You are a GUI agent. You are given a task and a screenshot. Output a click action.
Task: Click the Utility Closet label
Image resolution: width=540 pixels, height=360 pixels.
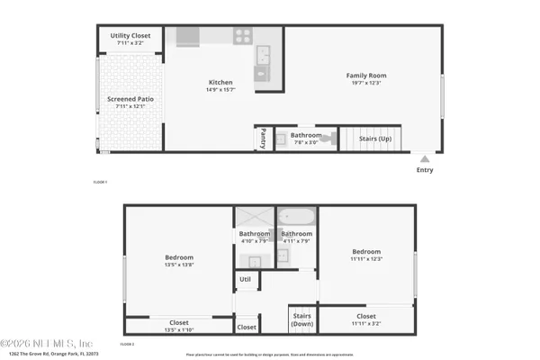pos(130,36)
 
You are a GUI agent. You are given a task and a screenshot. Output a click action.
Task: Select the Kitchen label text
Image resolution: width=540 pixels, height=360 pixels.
pos(220,82)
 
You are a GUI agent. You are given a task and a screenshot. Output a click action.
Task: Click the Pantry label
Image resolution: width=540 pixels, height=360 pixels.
pos(263,138)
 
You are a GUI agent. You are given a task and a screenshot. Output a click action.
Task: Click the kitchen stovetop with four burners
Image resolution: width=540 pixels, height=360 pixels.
pos(243,37)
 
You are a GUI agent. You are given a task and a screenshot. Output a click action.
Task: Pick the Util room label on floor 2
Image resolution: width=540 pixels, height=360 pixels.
pos(245,279)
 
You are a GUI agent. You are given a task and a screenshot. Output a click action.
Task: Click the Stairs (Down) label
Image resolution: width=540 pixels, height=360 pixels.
pos(301,319)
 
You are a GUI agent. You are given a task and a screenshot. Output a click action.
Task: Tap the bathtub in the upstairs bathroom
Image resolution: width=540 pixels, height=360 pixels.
pos(296,218)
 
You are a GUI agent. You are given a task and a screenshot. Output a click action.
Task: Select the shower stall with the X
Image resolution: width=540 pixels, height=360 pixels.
pos(254,218)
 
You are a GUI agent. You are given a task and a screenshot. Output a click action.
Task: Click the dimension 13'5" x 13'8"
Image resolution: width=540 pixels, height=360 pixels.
pos(177,265)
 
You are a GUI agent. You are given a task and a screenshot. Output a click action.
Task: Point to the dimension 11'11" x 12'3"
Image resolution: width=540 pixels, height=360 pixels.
pos(366,258)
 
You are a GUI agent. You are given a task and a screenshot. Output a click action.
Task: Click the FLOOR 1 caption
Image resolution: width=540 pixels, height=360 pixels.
pos(101,183)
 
